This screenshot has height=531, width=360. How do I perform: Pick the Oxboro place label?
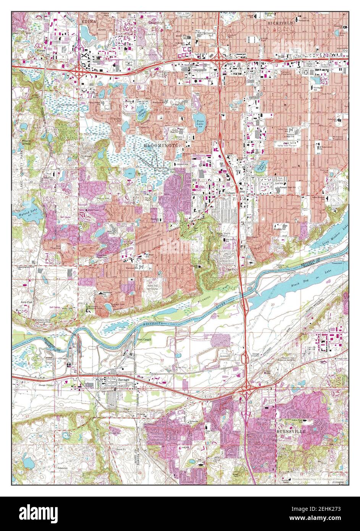tap(231, 193)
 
